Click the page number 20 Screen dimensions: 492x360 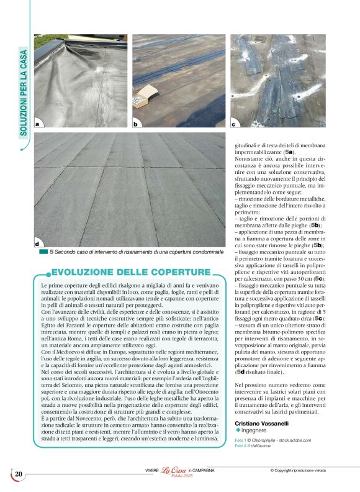point(19,475)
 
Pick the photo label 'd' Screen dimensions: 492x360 point(37,244)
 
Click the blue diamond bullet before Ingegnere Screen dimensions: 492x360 point(238,430)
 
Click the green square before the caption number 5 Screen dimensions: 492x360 point(43,252)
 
